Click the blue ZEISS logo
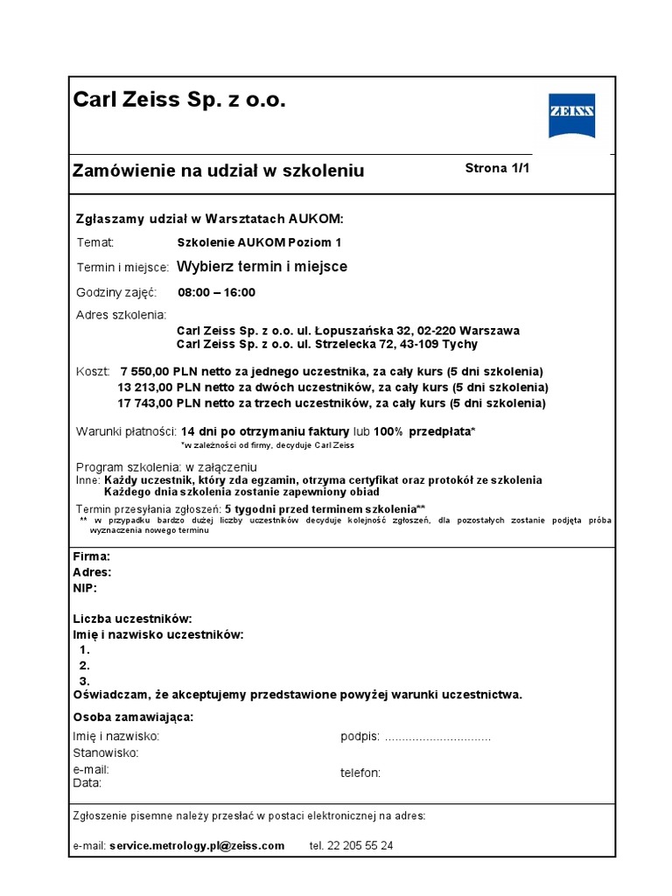click(x=571, y=115)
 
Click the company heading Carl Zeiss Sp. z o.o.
click(x=178, y=101)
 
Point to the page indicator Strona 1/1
click(x=497, y=169)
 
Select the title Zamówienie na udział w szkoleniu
click(x=218, y=171)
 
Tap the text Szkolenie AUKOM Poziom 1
click(x=259, y=242)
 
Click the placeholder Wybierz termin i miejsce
click(x=262, y=267)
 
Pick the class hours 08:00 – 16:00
click(x=217, y=292)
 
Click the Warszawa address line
click(x=348, y=331)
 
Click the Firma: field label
click(x=91, y=556)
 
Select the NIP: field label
click(x=85, y=588)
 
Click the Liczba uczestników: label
click(x=132, y=619)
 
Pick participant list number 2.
click(x=85, y=666)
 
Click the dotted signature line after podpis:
click(x=437, y=737)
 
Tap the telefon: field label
click(x=360, y=773)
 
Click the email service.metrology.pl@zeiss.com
click(x=197, y=846)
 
